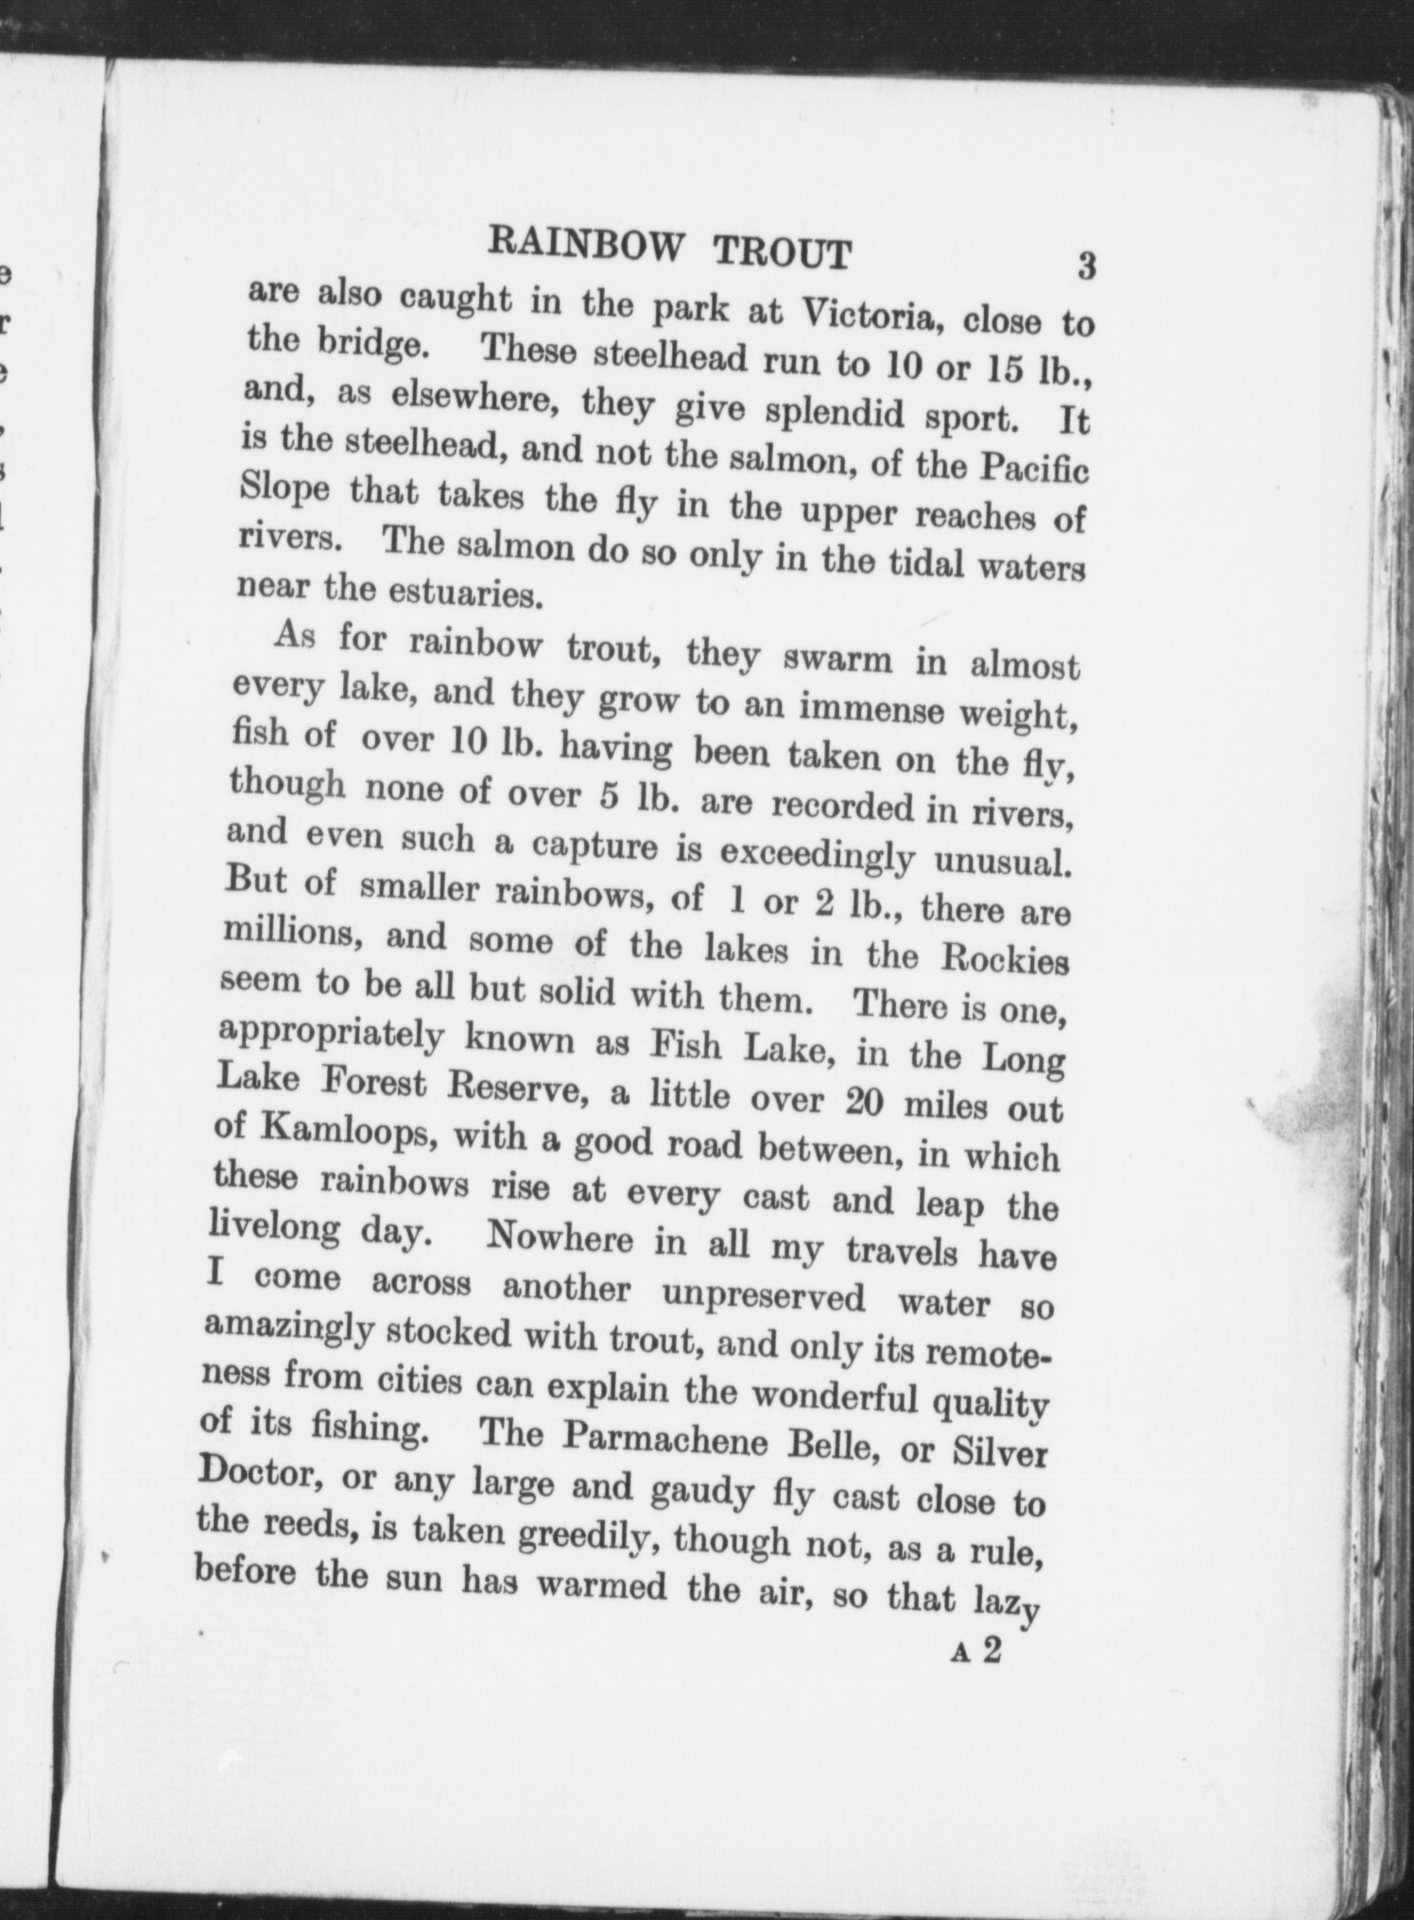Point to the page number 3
pos(1086,266)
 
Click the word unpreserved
pos(763,1296)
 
